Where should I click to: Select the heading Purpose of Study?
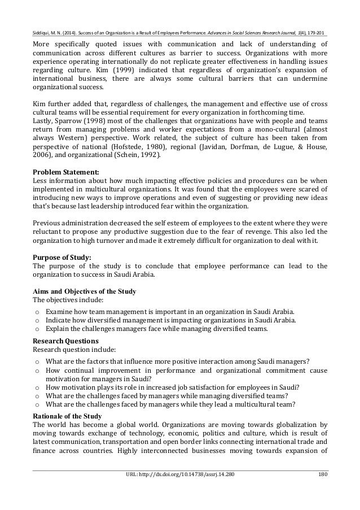point(63,256)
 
